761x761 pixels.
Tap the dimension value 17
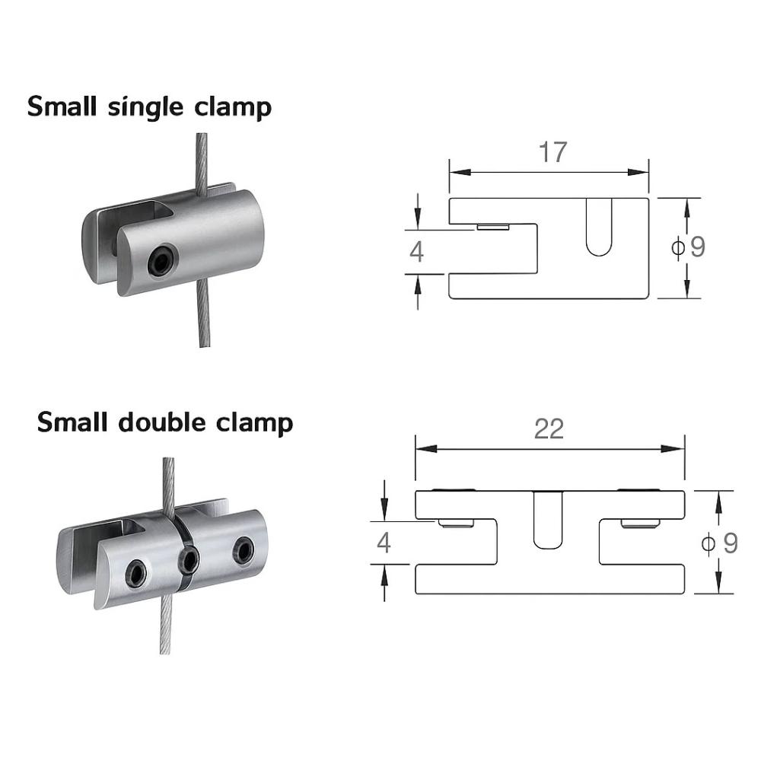553,152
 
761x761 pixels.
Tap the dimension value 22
549,429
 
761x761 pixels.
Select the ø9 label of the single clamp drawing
689,247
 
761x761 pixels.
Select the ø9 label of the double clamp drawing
719,543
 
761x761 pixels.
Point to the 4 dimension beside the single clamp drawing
416,251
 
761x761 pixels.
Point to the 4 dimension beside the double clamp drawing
384,543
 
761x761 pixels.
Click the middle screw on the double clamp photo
189,562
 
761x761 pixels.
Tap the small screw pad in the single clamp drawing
493,227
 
